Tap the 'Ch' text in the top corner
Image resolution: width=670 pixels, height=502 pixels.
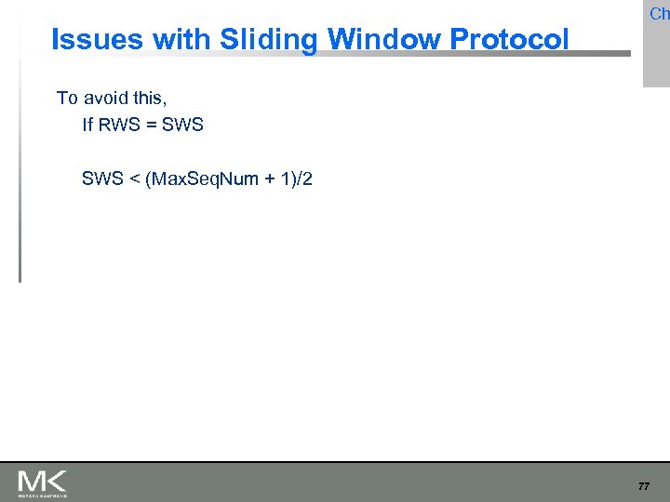pos(659,14)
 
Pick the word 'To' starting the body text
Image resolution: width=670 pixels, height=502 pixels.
pos(67,98)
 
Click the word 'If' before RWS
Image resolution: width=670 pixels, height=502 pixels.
pos(87,124)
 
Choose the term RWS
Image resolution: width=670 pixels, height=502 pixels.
pos(117,124)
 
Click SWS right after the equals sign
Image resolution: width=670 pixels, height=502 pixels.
pos(182,124)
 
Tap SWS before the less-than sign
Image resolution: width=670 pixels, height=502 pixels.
pos(102,178)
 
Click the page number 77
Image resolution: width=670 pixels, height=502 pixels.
pos(644,485)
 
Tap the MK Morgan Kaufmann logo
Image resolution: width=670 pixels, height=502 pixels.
pos(42,482)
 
